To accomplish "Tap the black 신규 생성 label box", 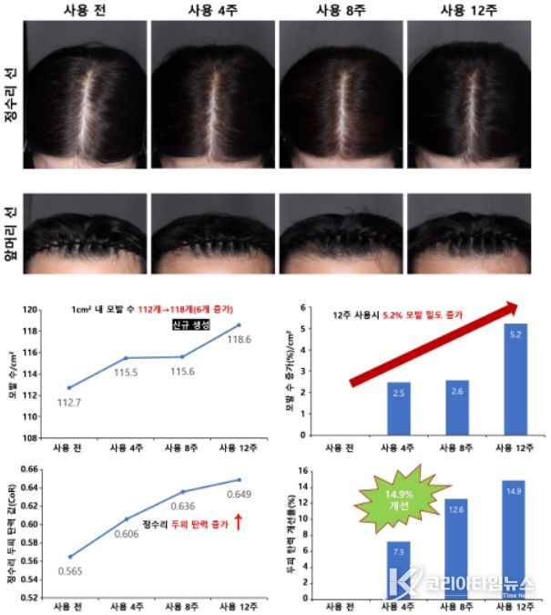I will [191, 325].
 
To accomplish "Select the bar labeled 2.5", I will [399, 408].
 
